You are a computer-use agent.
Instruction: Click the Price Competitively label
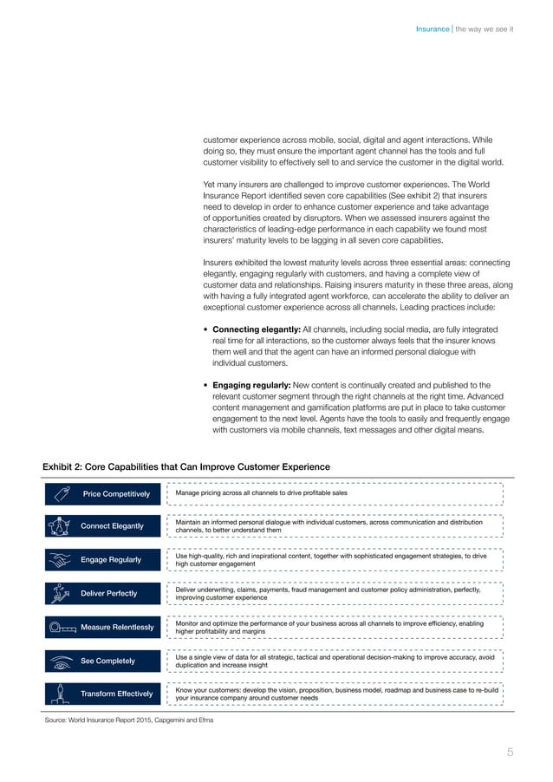116,494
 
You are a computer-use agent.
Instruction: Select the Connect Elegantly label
112,526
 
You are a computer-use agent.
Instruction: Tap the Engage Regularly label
111,559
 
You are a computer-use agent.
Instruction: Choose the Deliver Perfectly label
109,593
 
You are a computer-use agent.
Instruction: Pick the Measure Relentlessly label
116,627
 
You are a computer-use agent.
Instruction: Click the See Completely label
107,661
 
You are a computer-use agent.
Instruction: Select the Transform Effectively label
116,694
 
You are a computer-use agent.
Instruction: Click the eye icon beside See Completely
61,661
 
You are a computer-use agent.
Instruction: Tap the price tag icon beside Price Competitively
62,494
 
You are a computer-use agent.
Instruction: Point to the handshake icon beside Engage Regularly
61,560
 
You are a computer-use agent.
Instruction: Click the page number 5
510,752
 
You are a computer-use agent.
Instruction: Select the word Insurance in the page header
432,29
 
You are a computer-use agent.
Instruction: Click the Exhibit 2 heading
185,466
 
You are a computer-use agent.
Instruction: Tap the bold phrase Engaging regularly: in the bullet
255,384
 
